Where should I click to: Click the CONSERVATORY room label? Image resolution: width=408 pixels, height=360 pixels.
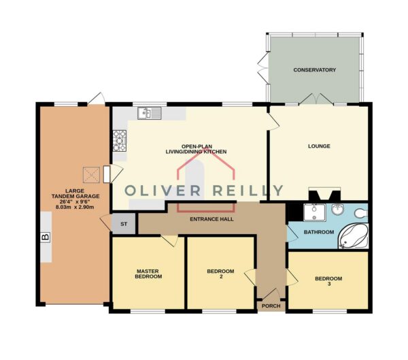tap(314, 70)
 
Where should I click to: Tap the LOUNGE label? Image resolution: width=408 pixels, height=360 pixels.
tap(319, 146)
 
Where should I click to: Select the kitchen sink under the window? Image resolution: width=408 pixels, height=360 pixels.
tap(150, 113)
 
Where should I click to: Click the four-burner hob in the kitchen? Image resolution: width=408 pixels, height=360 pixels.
tap(120, 141)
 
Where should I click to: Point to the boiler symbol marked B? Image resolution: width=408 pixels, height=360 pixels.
tap(46, 237)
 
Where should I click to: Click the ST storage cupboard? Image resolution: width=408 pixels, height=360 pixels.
tap(124, 224)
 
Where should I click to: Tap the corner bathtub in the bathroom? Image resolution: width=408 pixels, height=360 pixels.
tap(354, 235)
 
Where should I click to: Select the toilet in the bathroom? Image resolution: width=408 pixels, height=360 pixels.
tap(361, 213)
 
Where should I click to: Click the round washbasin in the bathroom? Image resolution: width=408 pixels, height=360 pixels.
tap(338, 210)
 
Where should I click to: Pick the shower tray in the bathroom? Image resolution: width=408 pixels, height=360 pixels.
tap(315, 212)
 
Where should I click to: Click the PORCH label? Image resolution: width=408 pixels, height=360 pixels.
tap(271, 306)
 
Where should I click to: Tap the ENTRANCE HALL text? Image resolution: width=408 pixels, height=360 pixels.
tap(211, 219)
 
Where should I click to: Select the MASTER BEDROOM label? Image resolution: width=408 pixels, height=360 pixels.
tap(148, 274)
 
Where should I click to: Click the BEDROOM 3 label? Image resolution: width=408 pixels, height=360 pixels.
tap(328, 281)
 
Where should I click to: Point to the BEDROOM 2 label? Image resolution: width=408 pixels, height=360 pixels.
tap(220, 274)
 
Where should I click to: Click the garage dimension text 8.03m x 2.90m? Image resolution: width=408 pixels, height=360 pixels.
tap(75, 208)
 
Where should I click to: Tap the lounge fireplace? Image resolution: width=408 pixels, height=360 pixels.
tap(324, 194)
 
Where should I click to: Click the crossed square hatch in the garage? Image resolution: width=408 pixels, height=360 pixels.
tap(91, 175)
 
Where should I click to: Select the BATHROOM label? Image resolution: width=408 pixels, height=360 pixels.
tap(319, 232)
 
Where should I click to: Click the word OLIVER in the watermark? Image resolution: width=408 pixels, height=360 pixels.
tap(163, 191)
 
